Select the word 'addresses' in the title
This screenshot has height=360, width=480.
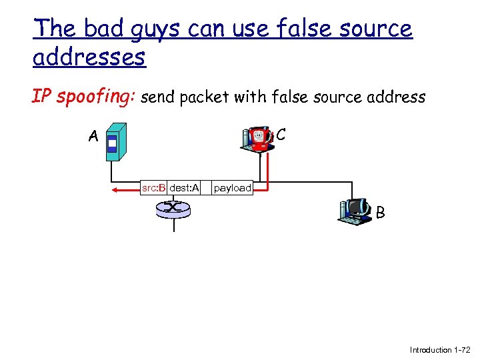[89, 57]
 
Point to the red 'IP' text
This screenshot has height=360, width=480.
[42, 97]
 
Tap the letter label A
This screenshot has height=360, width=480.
[94, 137]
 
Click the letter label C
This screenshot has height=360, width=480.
[281, 135]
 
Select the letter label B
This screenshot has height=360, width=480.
[380, 213]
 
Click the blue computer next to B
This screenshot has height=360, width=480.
[355, 210]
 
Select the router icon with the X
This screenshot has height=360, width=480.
[173, 209]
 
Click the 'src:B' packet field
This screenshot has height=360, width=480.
[153, 188]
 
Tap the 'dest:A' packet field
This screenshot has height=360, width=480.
[184, 188]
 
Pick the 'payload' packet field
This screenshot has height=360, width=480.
[232, 188]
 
